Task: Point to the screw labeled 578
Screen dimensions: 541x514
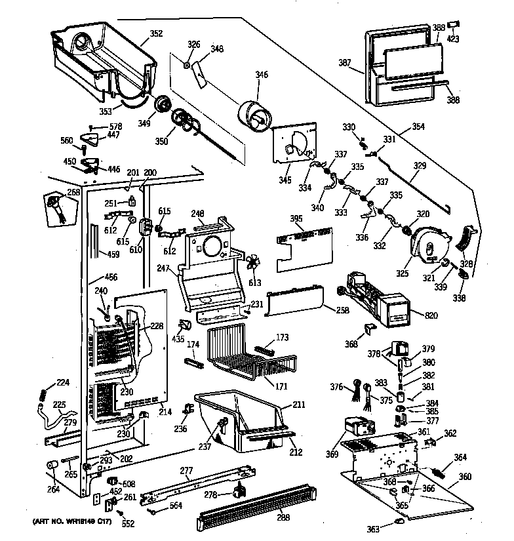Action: (90, 127)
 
